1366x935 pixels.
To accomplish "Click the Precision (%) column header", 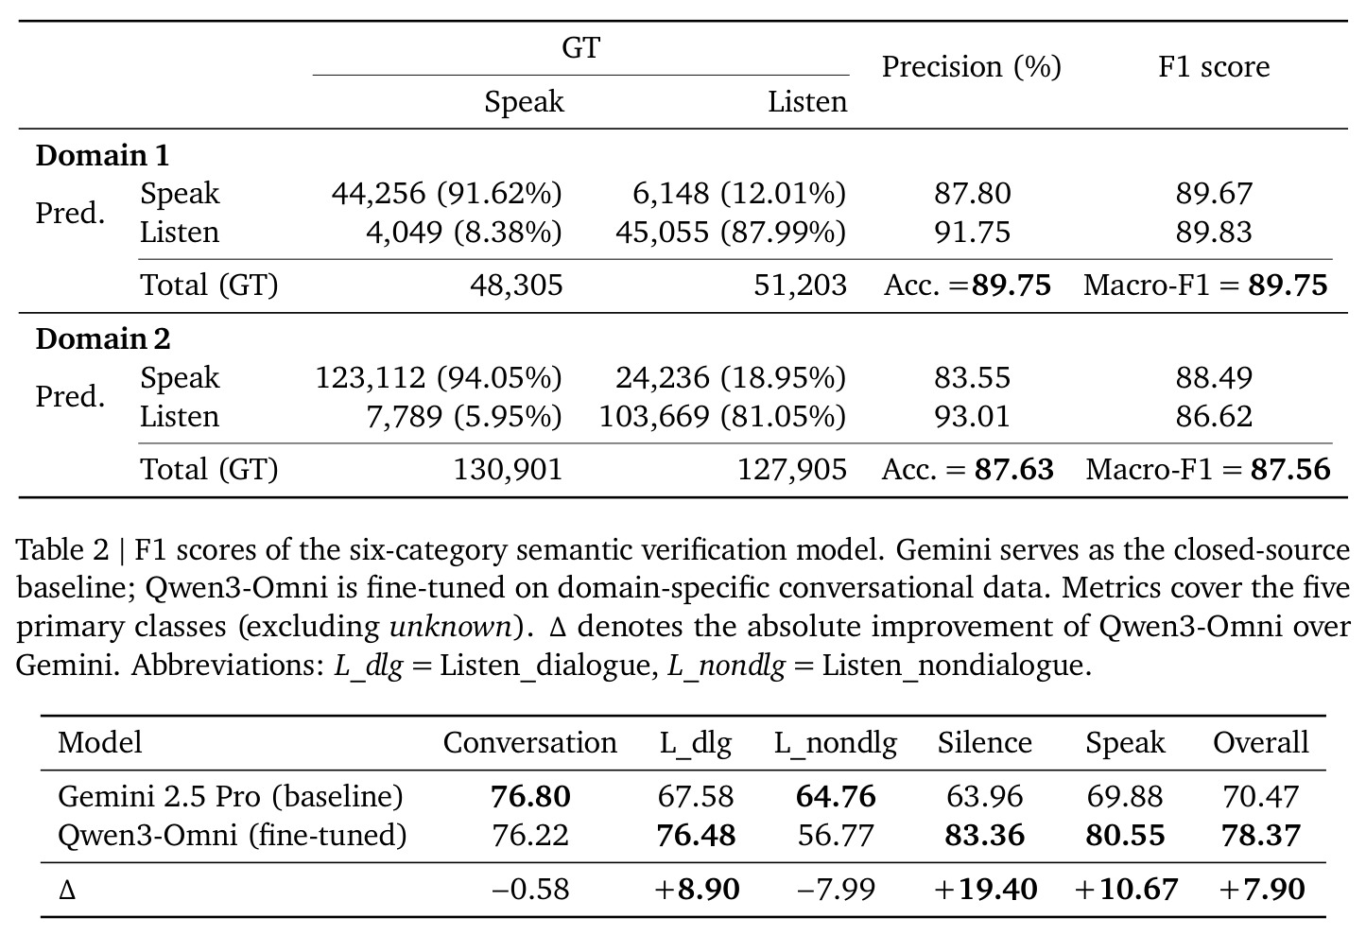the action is [x=972, y=67].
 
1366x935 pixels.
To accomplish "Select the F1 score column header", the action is [x=1214, y=66].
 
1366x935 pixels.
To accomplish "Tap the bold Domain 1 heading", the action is [x=102, y=156].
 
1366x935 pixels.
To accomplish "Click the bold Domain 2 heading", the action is [x=103, y=338].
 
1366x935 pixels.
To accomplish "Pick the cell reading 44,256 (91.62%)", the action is [x=446, y=194].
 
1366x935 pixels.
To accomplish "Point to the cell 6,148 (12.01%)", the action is [x=739, y=194].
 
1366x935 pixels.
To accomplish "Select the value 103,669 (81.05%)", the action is [x=722, y=417].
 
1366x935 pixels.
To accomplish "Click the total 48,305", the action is [x=516, y=286].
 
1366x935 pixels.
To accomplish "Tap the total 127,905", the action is [x=792, y=470].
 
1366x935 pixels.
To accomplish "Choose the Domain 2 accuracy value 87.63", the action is [x=1013, y=469].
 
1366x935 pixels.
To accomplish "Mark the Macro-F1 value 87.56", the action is [x=1290, y=469].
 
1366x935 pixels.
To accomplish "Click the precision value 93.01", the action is [x=972, y=417].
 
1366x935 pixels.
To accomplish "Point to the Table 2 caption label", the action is [x=62, y=549].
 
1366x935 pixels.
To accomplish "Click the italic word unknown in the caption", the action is [x=450, y=627].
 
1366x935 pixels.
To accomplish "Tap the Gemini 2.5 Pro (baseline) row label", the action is [x=231, y=797].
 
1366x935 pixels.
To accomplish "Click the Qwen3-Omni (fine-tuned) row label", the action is [x=233, y=836].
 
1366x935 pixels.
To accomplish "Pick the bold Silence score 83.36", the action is [x=984, y=836].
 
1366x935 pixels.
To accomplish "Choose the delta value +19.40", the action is [x=985, y=890].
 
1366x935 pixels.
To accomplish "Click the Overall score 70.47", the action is [x=1260, y=797].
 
